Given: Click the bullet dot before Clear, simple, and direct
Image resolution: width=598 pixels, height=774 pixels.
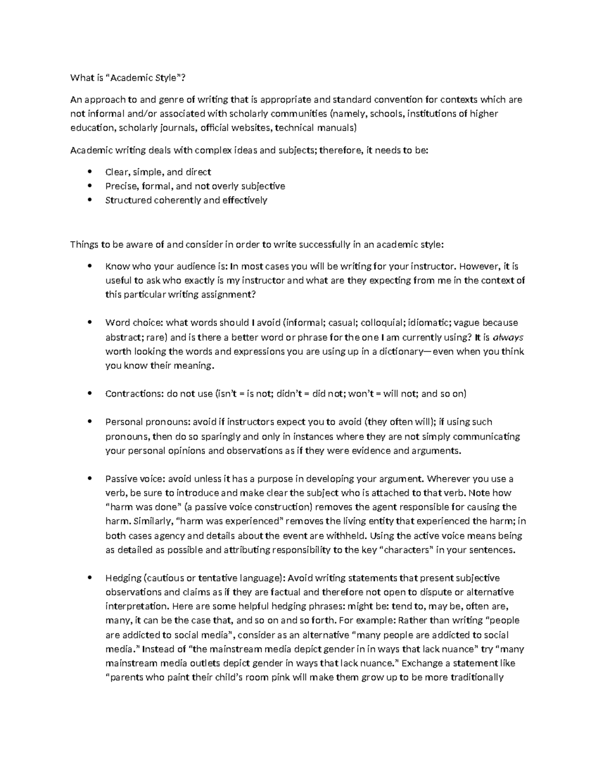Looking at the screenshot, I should coord(90,172).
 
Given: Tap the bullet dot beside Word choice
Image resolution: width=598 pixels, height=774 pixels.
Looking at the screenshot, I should coord(90,322).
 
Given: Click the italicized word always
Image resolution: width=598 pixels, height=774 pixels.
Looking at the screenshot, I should coord(507,337).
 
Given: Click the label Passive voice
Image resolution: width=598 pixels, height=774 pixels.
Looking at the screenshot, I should coord(134,479).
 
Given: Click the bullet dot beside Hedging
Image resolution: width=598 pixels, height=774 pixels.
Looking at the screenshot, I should coord(90,578).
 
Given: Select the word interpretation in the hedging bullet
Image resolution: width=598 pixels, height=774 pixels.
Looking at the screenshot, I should coord(137,606).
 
